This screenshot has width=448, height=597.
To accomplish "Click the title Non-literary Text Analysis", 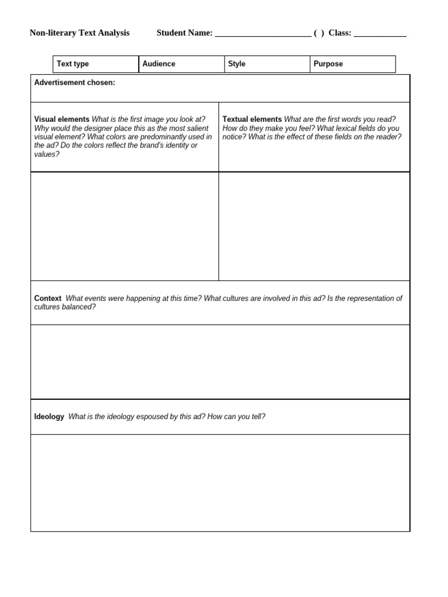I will click(79, 33).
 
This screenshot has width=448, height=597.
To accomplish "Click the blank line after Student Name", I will click(262, 34).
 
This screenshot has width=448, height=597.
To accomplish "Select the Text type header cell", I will click(96, 64).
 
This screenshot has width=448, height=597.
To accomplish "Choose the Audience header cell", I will click(181, 64).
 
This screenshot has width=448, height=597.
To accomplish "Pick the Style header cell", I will click(267, 64).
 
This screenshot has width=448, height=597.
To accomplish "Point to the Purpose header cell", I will click(352, 64).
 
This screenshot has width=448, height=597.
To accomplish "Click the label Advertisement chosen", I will click(75, 83).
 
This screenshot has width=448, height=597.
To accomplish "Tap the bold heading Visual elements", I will click(62, 120).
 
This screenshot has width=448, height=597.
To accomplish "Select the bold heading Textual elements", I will click(252, 120).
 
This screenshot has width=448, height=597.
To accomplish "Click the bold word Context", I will click(48, 298).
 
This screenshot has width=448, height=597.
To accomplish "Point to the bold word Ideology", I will click(49, 417).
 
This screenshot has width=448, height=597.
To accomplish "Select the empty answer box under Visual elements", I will click(124, 226).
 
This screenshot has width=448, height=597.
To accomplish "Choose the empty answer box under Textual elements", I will click(314, 226).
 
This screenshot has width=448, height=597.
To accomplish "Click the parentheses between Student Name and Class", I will click(318, 33).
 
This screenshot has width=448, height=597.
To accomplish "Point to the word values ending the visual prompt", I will click(47, 154).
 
